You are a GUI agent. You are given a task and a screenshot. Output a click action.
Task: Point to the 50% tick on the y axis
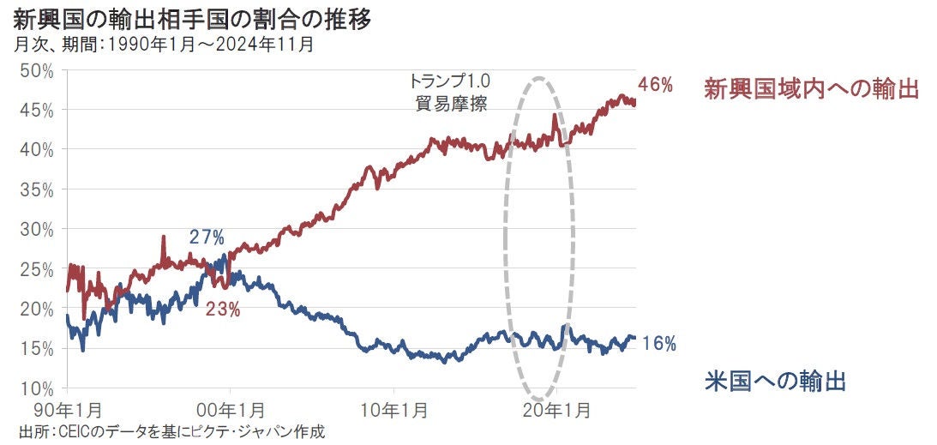37,70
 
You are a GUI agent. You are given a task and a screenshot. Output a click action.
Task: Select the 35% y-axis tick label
37,189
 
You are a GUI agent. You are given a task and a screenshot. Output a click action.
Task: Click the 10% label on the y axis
37,388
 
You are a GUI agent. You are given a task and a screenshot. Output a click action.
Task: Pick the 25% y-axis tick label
37,268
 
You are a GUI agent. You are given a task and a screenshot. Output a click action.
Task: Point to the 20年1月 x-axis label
556,410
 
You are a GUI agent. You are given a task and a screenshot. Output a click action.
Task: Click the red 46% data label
656,85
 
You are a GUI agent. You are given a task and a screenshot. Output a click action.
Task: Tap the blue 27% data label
207,237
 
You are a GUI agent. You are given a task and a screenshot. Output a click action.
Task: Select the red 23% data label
223,310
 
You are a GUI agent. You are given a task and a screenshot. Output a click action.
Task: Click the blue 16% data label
659,344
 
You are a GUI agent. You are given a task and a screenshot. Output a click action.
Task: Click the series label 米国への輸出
775,381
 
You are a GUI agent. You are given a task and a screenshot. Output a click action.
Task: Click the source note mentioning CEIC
171,431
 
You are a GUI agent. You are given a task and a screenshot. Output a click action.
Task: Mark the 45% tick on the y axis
37,110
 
